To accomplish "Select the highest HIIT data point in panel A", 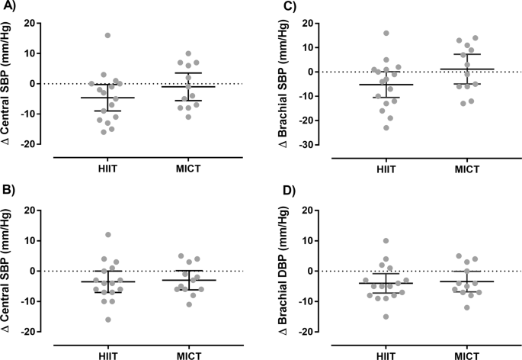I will (x=107, y=35).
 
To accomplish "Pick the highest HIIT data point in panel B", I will (x=107, y=235).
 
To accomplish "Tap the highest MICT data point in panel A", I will (x=188, y=53).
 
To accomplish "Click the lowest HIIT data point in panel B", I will (x=107, y=320).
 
